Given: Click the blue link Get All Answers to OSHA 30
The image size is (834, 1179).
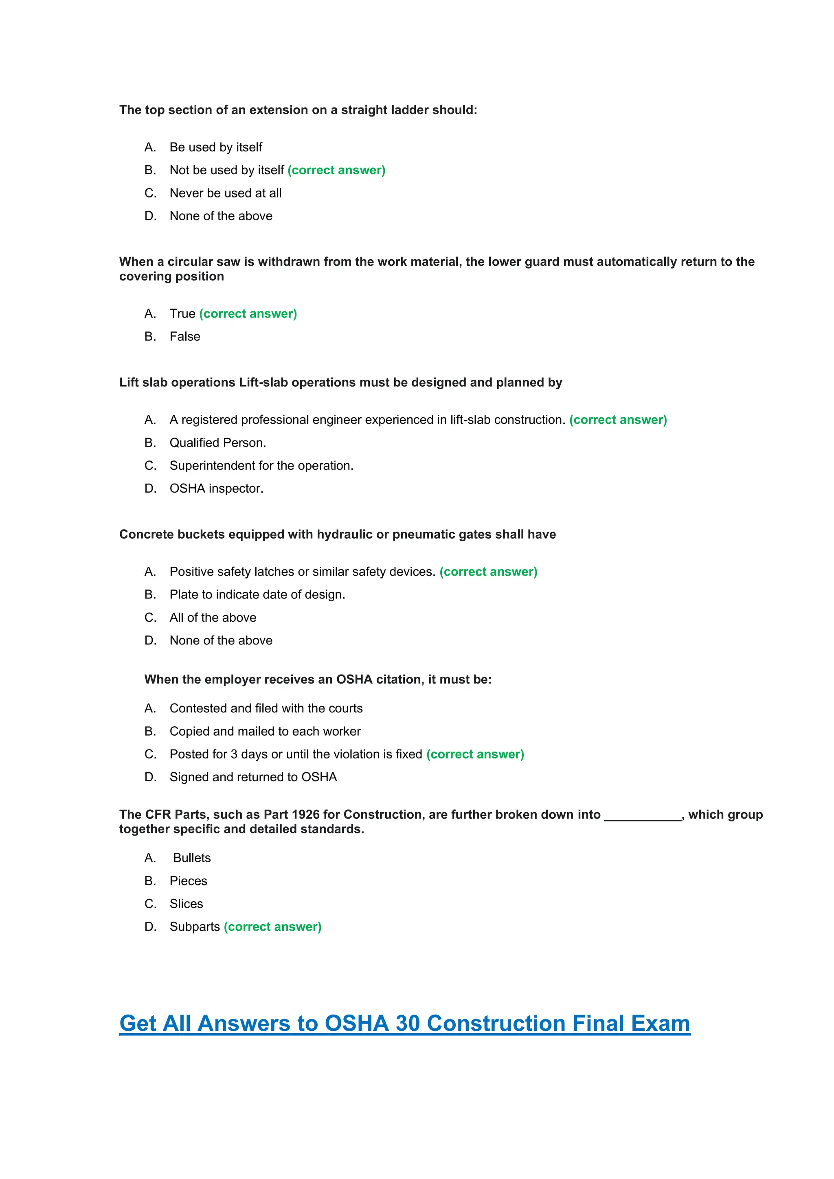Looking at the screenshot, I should point(405,1023).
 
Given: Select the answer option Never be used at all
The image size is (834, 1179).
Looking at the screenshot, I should point(226,193).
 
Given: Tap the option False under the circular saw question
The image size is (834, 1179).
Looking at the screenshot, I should point(185,336).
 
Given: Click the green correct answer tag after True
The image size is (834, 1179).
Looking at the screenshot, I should point(248,314).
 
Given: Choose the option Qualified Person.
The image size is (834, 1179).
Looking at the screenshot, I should point(218,443).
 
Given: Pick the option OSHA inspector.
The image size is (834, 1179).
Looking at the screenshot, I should point(216,489).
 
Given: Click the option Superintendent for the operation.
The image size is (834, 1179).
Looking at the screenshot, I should point(261,466).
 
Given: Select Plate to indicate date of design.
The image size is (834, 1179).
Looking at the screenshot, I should point(257,595).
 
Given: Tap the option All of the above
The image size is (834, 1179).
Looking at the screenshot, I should point(213,618).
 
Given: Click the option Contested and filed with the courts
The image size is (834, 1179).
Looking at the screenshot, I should point(266,709).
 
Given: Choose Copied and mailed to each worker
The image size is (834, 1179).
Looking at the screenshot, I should point(265,731).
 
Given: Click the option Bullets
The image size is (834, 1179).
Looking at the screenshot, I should point(191,858).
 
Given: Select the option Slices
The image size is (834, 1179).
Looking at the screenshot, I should point(186,904).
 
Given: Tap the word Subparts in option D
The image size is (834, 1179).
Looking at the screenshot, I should point(195,927).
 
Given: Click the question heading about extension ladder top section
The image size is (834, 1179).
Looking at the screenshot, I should point(298,110).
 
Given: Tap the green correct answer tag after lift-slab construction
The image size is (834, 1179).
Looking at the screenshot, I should point(618,420).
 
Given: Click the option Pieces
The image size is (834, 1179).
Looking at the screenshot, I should point(188,881).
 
